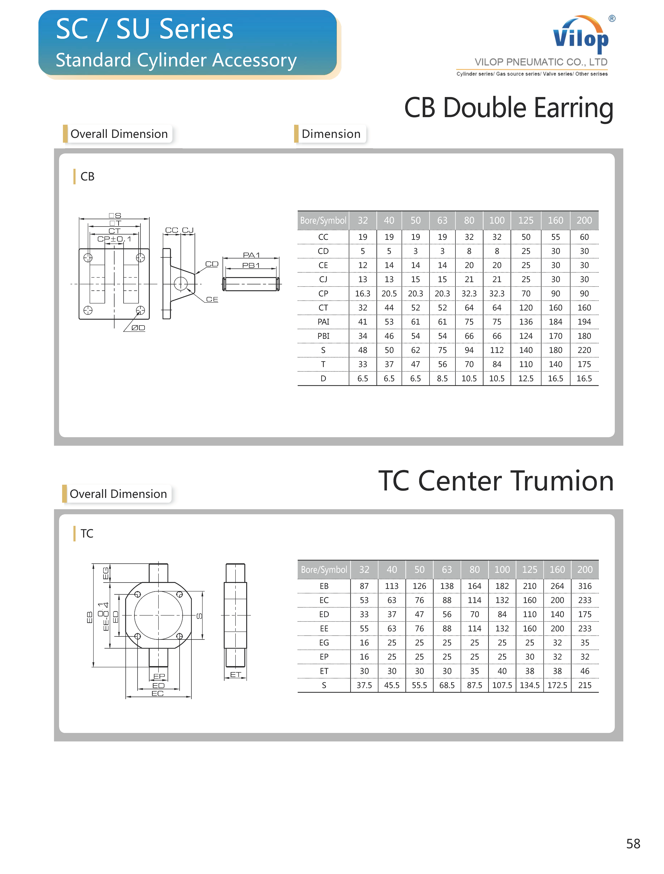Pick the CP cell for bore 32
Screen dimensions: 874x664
[x=362, y=293]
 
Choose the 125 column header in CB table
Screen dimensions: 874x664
[x=526, y=220]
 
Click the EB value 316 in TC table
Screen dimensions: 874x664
[x=585, y=586]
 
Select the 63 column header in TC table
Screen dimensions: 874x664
[x=447, y=569]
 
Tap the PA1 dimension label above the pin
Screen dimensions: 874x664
[x=251, y=255]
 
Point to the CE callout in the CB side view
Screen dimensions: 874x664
[x=212, y=299]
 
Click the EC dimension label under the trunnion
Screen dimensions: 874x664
[x=158, y=693]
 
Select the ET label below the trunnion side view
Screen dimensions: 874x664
[x=236, y=675]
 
